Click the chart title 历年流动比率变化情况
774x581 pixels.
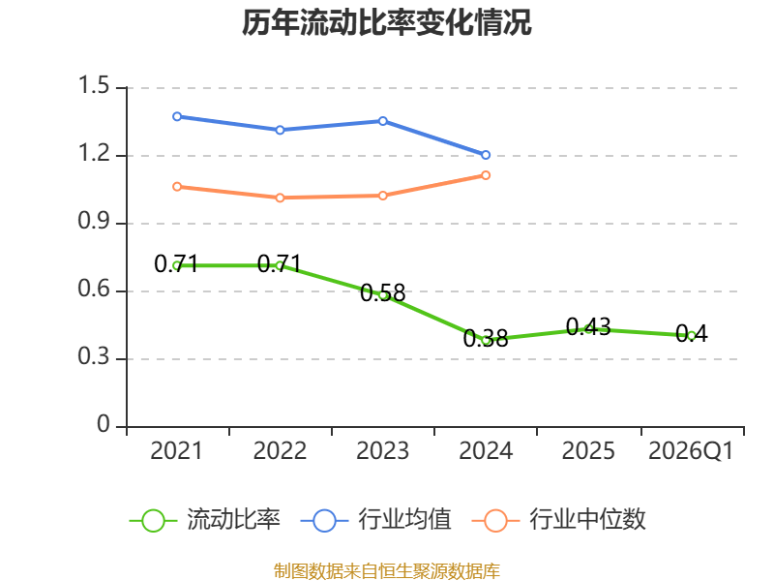pyautogui.click(x=386, y=22)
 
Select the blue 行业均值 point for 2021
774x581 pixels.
pyautogui.click(x=177, y=116)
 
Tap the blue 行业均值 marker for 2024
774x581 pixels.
pyautogui.click(x=486, y=155)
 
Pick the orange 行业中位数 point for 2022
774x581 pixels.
pyautogui.click(x=280, y=198)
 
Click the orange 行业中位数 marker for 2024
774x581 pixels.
pyautogui.click(x=486, y=175)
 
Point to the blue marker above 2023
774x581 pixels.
pyautogui.click(x=383, y=121)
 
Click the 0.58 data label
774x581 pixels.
pyautogui.click(x=382, y=293)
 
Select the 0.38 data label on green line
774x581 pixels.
pyautogui.click(x=486, y=338)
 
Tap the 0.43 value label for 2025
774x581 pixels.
pyautogui.click(x=588, y=326)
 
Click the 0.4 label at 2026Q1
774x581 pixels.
pyautogui.click(x=691, y=333)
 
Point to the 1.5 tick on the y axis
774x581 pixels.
pyautogui.click(x=94, y=85)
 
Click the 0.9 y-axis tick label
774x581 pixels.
pyautogui.click(x=94, y=221)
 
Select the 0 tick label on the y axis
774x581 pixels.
pyautogui.click(x=104, y=424)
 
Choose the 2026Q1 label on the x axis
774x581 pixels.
pyautogui.click(x=691, y=451)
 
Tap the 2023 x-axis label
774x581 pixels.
pyautogui.click(x=382, y=451)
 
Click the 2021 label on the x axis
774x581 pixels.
pyautogui.click(x=177, y=451)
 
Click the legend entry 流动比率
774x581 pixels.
pyautogui.click(x=205, y=520)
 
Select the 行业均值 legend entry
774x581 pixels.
pyautogui.click(x=375, y=520)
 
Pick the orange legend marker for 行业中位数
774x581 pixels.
pyautogui.click(x=495, y=521)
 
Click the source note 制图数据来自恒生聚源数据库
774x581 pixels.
pyautogui.click(x=387, y=571)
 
